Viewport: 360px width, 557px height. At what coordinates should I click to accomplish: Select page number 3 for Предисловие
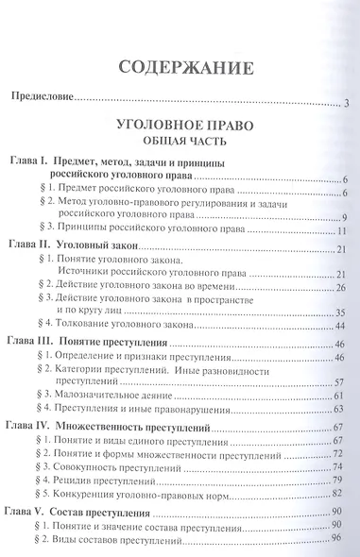coord(347,102)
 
